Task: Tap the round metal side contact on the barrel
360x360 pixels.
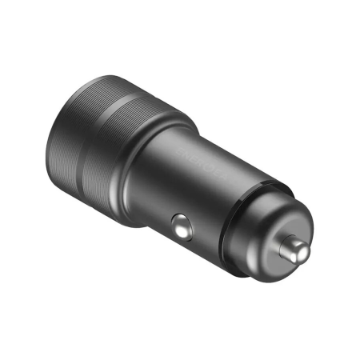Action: [182, 226]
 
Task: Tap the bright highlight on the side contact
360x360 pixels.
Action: [180, 224]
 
